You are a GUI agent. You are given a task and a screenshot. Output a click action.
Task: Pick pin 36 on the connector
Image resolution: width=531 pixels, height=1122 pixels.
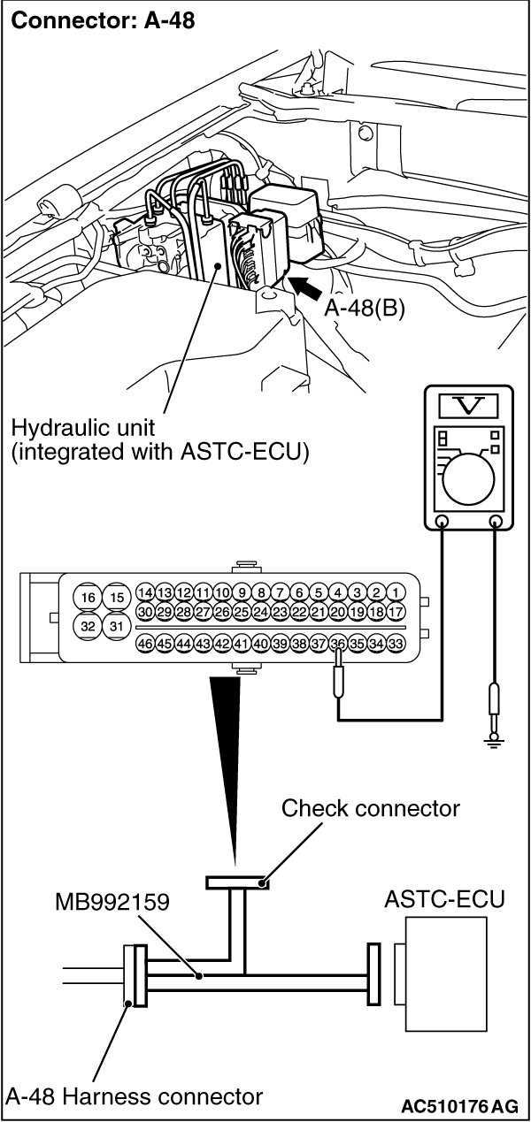[337, 644]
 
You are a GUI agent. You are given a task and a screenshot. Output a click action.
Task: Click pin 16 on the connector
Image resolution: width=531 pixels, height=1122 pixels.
[88, 597]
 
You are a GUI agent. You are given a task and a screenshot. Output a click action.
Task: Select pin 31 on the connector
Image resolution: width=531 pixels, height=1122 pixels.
[116, 626]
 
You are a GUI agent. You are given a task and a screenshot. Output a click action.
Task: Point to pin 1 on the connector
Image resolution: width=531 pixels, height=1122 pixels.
[396, 592]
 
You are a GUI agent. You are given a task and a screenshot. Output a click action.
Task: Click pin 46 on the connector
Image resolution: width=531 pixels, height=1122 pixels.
[146, 644]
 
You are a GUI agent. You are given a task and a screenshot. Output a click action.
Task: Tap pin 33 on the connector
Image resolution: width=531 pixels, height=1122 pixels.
[396, 644]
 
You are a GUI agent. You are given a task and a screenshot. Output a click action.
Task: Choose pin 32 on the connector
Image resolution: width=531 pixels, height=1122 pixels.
[88, 626]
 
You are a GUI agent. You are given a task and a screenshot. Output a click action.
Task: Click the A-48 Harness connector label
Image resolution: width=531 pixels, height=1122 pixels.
[135, 1097]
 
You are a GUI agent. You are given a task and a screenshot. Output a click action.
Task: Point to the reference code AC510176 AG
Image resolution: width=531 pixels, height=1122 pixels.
[459, 1105]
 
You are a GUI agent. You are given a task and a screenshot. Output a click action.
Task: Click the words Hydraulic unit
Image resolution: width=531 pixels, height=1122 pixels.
[73, 428]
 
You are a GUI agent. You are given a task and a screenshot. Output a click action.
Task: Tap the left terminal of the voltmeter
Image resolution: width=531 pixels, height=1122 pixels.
[442, 523]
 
